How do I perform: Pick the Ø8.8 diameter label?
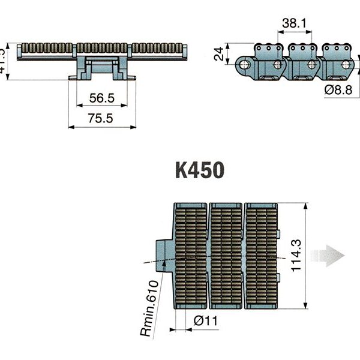(x=338, y=90)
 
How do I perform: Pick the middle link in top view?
(x=226, y=256)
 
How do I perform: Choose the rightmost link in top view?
(x=262, y=256)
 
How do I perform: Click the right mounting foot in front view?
(x=130, y=74)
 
